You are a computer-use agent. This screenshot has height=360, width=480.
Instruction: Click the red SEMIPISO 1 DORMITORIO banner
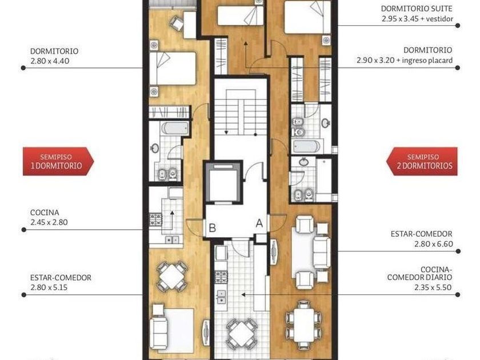pos(58,161)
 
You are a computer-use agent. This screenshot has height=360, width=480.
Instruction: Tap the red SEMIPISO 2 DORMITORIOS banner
pos(422,161)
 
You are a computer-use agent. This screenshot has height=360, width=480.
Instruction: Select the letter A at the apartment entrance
pos(259,223)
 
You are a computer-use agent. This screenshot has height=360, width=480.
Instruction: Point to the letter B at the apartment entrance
pos(212,228)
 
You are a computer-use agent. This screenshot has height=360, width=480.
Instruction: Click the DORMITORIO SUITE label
pos(417,9)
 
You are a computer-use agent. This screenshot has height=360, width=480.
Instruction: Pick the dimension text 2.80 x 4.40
pos(50,61)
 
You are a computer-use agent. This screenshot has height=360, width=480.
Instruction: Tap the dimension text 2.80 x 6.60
pos(434,244)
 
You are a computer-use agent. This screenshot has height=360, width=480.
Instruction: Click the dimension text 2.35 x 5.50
pos(433,287)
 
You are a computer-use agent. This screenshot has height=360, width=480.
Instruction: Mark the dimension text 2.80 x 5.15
pos(49,287)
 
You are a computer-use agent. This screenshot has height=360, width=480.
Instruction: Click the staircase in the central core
pos(241,113)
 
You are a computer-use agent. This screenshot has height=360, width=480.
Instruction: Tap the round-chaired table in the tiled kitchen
pos(242,333)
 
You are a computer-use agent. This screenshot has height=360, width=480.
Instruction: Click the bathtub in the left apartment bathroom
pos(175,129)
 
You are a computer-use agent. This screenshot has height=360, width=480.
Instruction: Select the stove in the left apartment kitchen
pos(156,220)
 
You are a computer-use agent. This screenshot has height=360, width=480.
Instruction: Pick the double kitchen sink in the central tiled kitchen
pos(221,297)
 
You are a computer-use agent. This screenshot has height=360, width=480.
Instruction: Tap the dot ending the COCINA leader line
pos(23,230)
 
